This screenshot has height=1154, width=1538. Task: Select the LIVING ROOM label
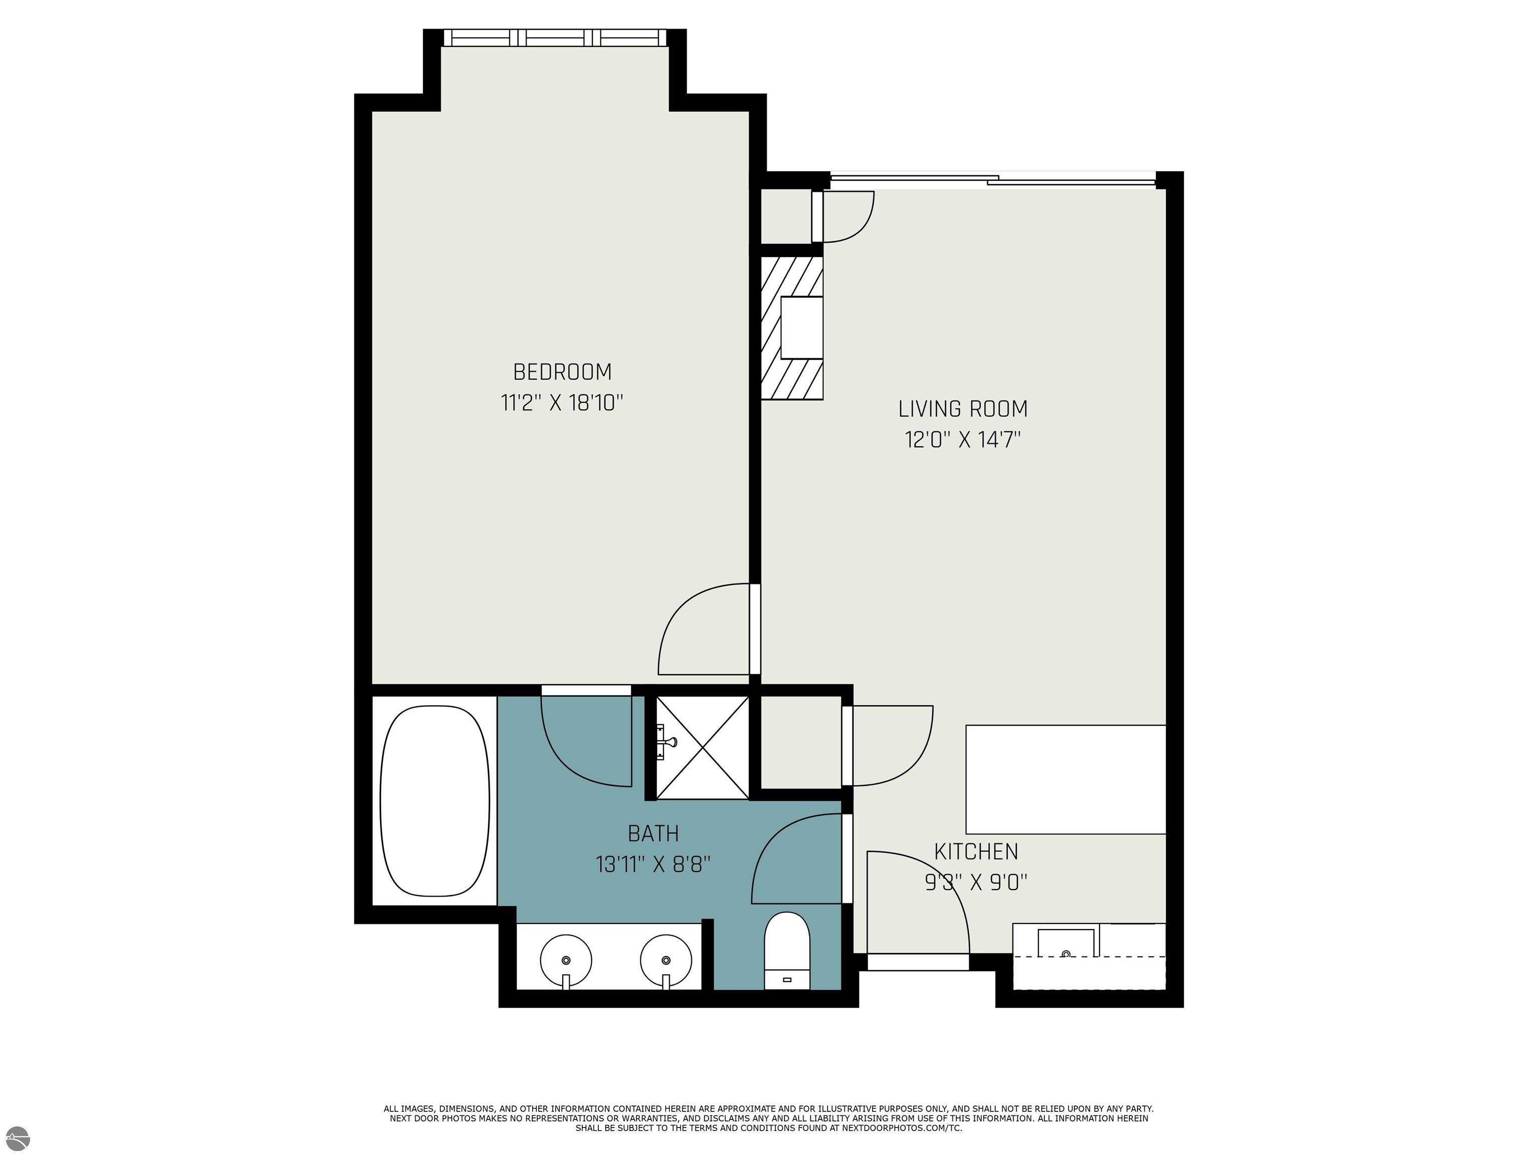point(962,409)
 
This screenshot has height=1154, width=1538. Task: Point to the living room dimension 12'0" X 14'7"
point(962,440)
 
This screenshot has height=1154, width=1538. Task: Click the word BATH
point(653,833)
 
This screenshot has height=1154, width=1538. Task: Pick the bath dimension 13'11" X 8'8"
point(653,864)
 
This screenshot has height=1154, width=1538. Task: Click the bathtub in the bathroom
point(435,801)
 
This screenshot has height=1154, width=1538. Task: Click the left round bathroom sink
point(566,961)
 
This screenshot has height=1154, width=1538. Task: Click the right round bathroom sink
point(666,961)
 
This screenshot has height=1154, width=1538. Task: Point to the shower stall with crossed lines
point(702,748)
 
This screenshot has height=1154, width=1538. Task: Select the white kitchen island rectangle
point(1065,780)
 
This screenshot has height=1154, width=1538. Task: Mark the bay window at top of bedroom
point(554,38)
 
